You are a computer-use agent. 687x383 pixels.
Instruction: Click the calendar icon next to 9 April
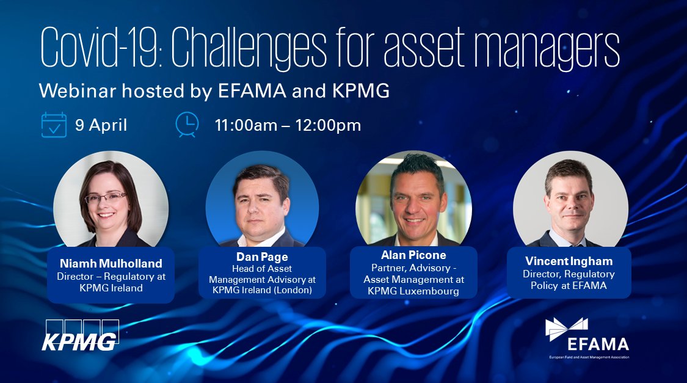tap(54, 125)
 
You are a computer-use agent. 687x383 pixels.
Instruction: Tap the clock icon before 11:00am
tap(187, 125)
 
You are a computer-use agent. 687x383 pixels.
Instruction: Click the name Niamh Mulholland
tap(111, 264)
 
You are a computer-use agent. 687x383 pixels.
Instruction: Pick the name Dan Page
tap(262, 257)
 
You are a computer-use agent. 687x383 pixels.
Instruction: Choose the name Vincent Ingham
tap(569, 261)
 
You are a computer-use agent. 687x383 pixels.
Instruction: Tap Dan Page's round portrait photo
tap(261, 199)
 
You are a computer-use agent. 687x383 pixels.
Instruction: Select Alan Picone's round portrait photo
tap(413, 199)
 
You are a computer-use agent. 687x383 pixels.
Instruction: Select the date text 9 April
tap(101, 125)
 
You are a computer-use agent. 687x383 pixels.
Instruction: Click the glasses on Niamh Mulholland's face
tap(106, 197)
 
